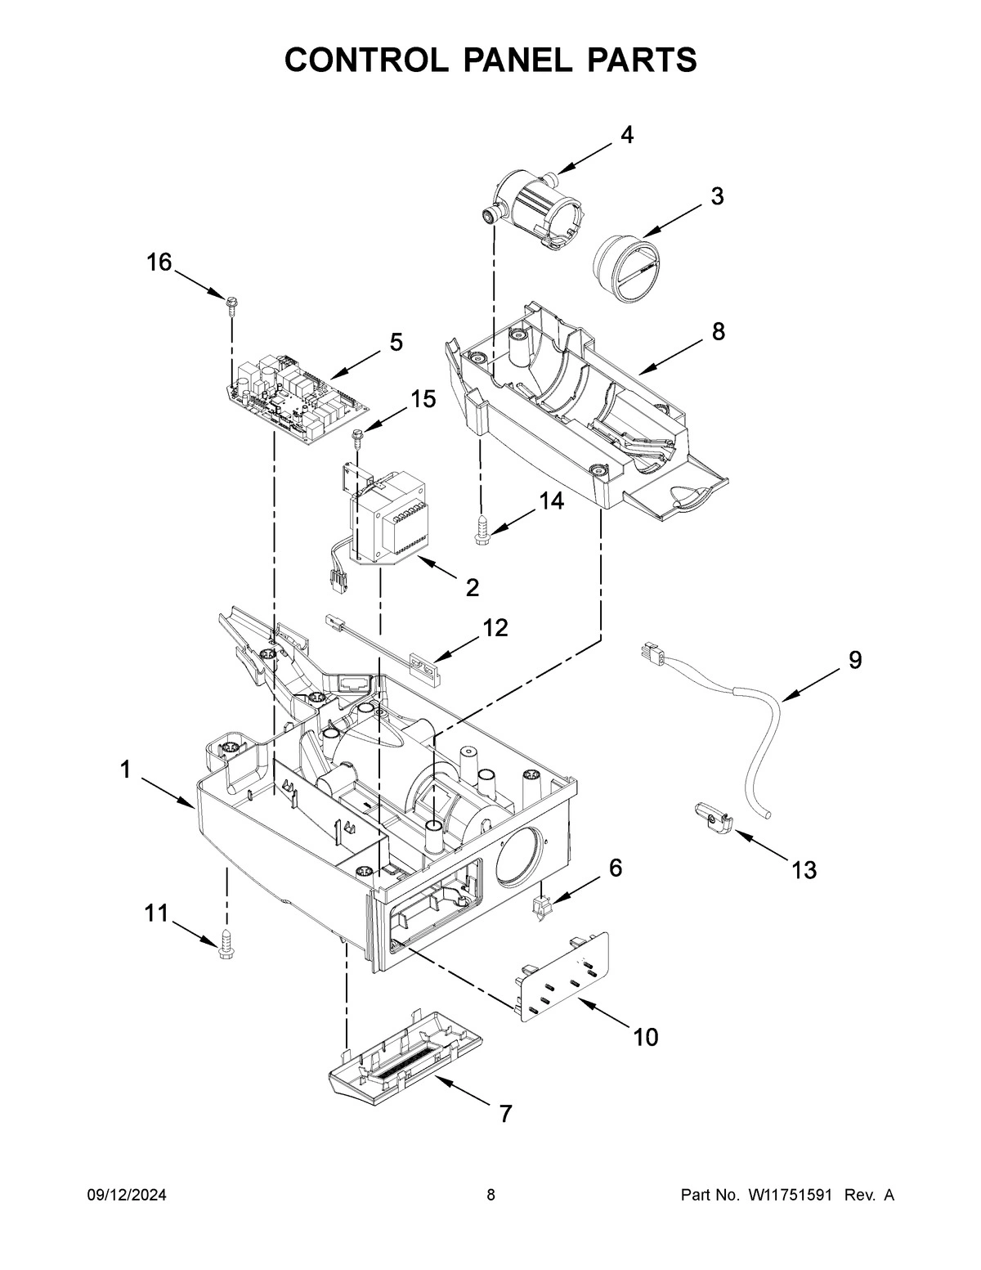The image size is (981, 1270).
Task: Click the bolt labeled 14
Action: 481,530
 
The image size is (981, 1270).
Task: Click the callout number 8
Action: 717,331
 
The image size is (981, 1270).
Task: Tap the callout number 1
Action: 125,770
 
